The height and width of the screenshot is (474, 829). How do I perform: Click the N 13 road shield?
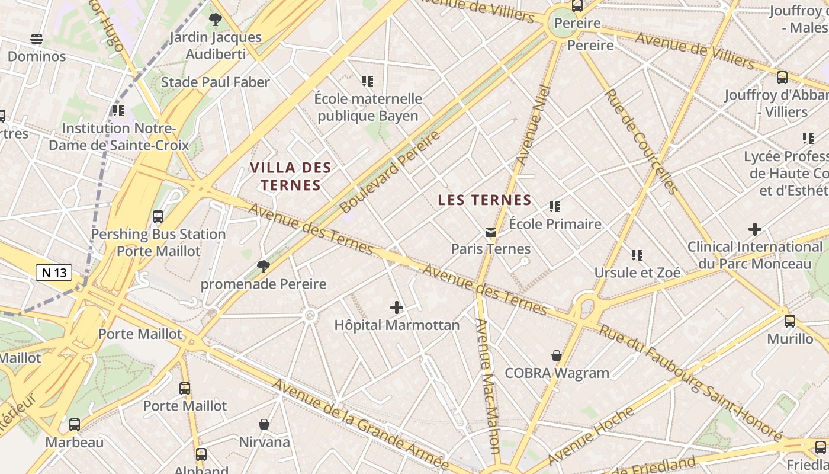point(54,273)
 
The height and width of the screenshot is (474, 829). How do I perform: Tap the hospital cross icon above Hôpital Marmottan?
point(397,308)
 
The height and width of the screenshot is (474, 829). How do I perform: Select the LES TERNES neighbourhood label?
point(484,200)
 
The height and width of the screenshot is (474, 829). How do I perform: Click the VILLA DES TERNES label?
point(290,177)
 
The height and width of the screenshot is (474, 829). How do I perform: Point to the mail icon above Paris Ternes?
point(490,232)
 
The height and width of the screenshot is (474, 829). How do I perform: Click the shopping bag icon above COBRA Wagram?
point(557,355)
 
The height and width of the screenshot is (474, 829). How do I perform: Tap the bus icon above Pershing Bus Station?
point(158,217)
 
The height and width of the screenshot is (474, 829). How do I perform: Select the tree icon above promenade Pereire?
point(264,267)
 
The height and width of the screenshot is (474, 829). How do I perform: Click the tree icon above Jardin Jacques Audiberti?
point(216,20)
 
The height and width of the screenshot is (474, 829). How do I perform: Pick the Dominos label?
point(37,57)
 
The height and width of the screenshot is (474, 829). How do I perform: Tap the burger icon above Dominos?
point(37,39)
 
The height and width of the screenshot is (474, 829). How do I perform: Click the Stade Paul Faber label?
point(216,82)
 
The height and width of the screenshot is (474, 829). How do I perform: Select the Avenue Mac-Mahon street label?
point(489,385)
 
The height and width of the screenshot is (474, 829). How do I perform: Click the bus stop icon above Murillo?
point(790,321)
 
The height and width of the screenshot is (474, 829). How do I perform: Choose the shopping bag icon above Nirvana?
point(264,424)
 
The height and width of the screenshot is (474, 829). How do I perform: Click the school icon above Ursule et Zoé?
point(637,255)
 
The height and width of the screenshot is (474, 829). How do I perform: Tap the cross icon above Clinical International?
point(754,229)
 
